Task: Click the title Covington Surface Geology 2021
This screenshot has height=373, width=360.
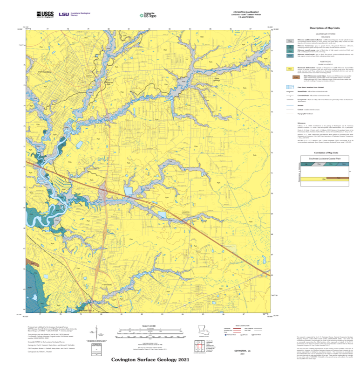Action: (150, 359)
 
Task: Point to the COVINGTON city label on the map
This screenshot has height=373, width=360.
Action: (44, 72)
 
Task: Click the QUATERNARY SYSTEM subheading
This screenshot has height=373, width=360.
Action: (326, 34)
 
